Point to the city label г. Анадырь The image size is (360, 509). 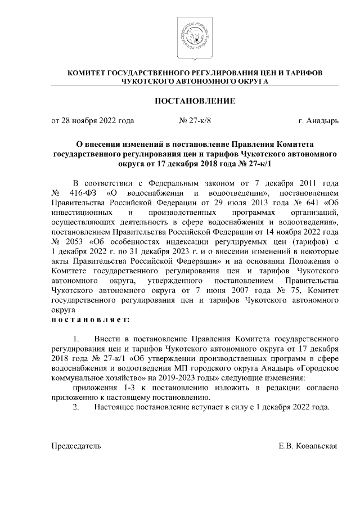click(318, 120)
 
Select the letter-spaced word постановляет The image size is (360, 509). click(90, 319)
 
